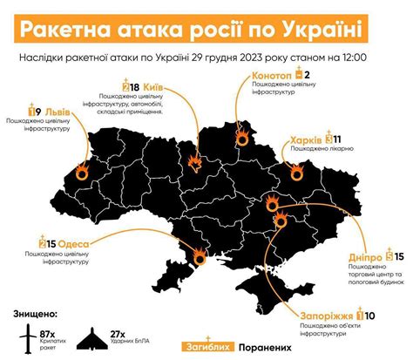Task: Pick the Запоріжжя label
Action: [x=328, y=316]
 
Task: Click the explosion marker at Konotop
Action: [x=242, y=136]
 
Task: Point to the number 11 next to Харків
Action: [x=337, y=139]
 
